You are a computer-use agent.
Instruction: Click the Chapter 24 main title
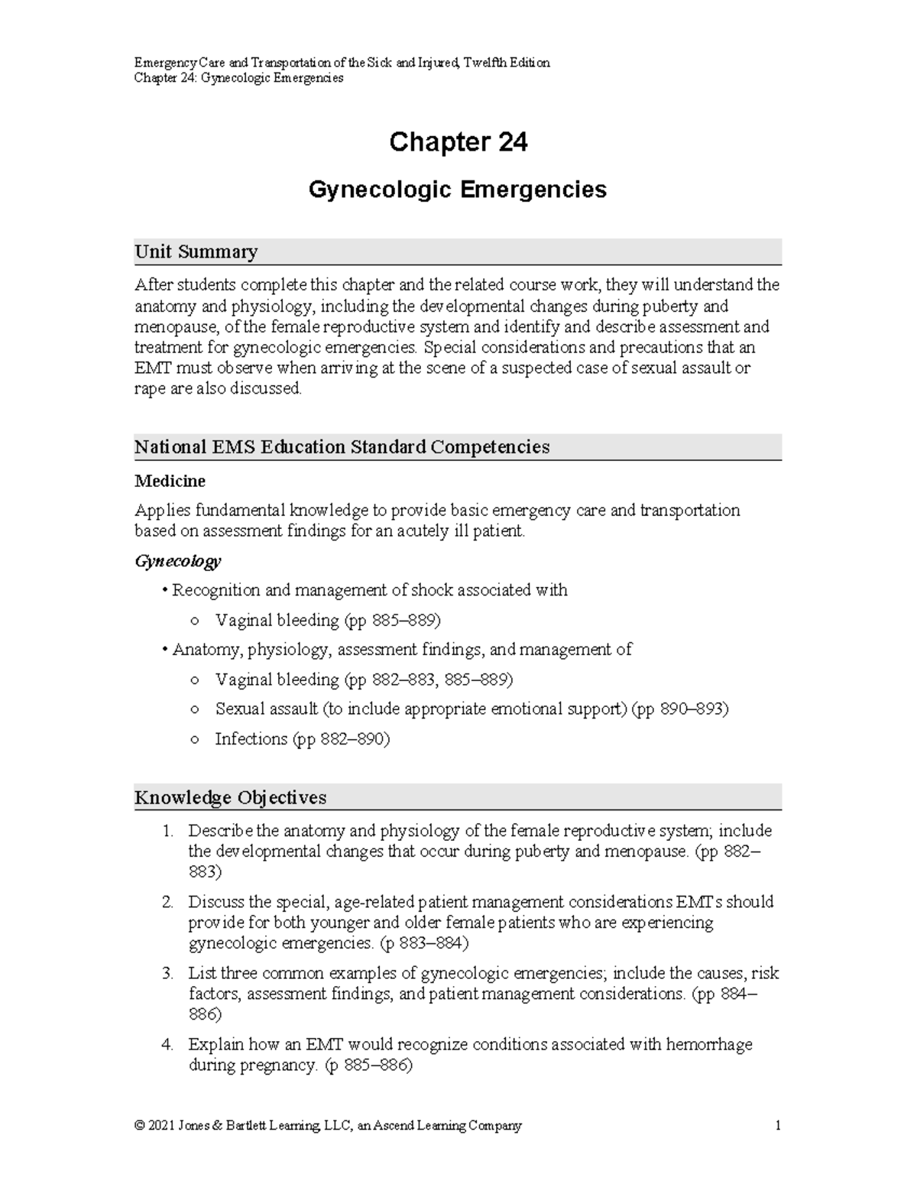point(458,142)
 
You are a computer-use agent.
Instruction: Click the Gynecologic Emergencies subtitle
point(457,190)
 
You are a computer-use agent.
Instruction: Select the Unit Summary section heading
point(196,251)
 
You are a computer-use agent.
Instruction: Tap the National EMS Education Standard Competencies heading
point(342,447)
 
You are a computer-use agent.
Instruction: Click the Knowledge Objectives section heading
point(230,797)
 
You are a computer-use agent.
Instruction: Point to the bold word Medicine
point(170,482)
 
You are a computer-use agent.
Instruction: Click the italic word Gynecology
point(177,561)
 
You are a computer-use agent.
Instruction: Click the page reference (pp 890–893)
point(680,709)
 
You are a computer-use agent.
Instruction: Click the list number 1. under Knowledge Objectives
point(168,831)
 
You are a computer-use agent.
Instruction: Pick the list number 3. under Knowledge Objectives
point(168,974)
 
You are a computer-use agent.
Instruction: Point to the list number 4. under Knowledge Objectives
point(168,1045)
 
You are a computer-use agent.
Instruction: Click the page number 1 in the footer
point(777,1125)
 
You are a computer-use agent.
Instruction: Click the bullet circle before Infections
point(196,740)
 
